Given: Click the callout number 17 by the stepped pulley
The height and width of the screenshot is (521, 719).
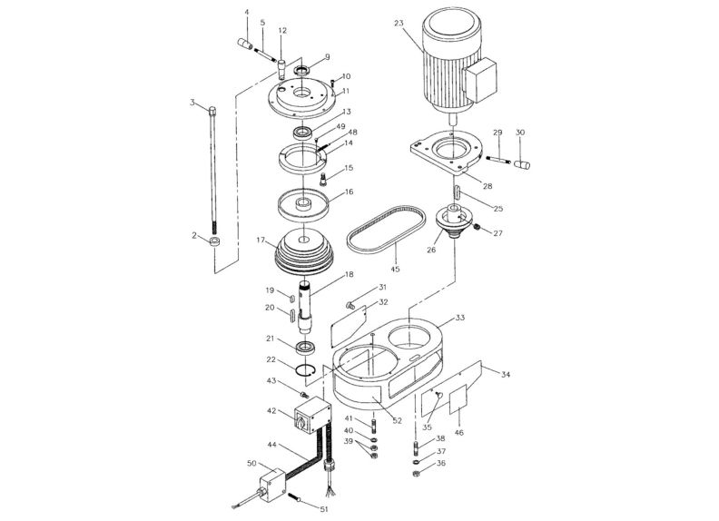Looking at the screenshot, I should [x=261, y=241].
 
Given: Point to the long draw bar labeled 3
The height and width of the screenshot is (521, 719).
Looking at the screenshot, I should [x=214, y=172].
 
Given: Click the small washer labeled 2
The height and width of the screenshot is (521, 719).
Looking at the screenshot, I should [x=215, y=242].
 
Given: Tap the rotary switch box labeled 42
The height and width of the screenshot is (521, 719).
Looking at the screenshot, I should [x=310, y=420].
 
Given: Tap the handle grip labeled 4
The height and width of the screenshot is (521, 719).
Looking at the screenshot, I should [x=245, y=43].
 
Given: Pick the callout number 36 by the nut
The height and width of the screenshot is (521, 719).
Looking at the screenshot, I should [x=442, y=463].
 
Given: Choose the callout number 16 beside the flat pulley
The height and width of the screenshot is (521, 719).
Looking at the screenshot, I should [x=348, y=193].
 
